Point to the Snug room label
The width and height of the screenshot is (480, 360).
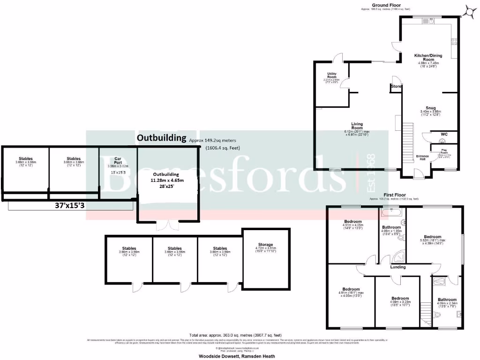pyautogui.click(x=430, y=107)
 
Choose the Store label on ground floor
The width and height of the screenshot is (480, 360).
pyautogui.click(x=396, y=86)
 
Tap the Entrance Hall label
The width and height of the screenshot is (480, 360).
pyautogui.click(x=422, y=157)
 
